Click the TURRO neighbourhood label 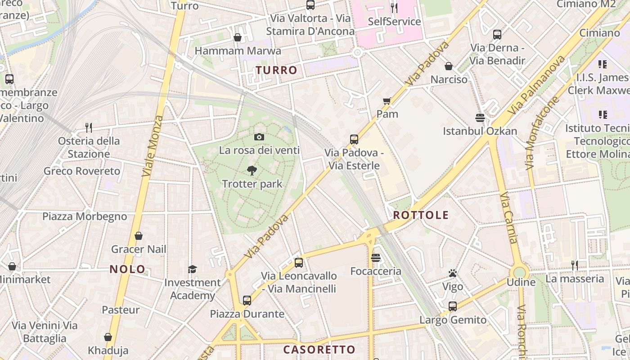[277, 70]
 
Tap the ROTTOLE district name [421, 215]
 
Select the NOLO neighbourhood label [128, 270]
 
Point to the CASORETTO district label [319, 350]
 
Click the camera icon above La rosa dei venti [259, 137]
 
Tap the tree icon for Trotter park [252, 170]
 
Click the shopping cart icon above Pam [387, 101]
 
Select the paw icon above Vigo [453, 273]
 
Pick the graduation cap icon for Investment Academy [192, 269]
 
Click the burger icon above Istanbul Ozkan [480, 118]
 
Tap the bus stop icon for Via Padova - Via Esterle [354, 139]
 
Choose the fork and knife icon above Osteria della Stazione [89, 128]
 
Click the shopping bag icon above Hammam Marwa [238, 37]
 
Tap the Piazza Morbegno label [85, 216]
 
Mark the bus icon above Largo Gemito [453, 306]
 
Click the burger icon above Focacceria [376, 258]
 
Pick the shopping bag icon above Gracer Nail [139, 236]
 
